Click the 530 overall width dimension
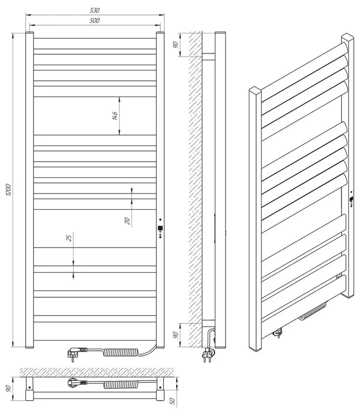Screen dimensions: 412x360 [x=95, y=10]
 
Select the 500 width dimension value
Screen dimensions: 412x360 [x=95, y=21]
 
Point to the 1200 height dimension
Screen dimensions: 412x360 [x=9, y=191]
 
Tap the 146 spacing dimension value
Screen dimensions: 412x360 [x=114, y=116]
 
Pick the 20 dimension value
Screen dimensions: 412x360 [x=127, y=220]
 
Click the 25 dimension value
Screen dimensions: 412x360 [x=69, y=238]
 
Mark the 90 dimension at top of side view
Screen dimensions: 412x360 [x=176, y=45]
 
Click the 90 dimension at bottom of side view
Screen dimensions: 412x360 [x=176, y=335]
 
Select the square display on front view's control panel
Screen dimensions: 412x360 [x=160, y=229]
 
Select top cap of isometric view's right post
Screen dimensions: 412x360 [x=348, y=37]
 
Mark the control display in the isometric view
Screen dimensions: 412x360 [x=351, y=199]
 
